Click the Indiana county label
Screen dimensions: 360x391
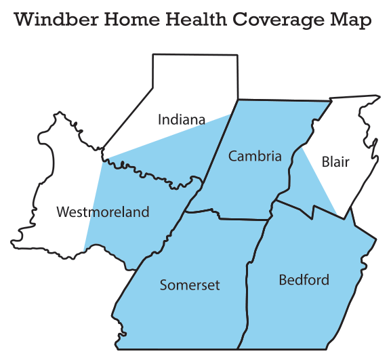point(181,120)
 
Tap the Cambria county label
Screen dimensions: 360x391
point(254,157)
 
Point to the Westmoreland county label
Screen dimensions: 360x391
point(102,212)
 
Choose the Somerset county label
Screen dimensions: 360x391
point(190,285)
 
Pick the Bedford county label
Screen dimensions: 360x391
point(304,279)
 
